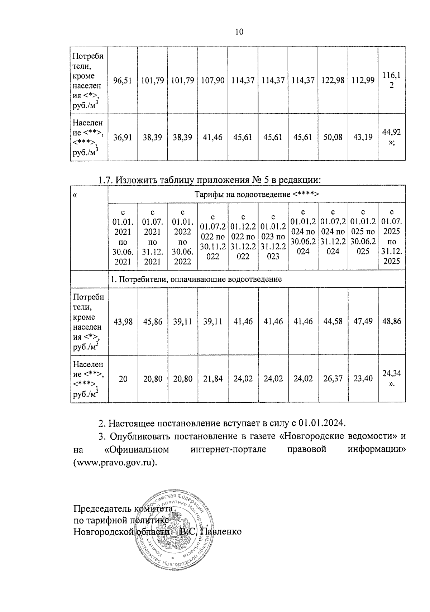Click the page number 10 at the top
pyautogui.click(x=239, y=32)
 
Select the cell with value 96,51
pyautogui.click(x=123, y=80)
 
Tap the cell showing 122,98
pyautogui.click(x=333, y=80)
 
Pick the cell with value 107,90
pyautogui.click(x=212, y=80)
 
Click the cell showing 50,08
pyautogui.click(x=333, y=137)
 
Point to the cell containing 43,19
pyautogui.click(x=363, y=137)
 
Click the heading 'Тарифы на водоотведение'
pyautogui.click(x=256, y=195)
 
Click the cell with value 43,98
pyautogui.click(x=123, y=322)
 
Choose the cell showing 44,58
pyautogui.click(x=333, y=322)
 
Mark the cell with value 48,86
pyautogui.click(x=391, y=322)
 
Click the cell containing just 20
pyautogui.click(x=123, y=379)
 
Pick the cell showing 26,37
pyautogui.click(x=333, y=379)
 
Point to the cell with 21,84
pyautogui.click(x=212, y=379)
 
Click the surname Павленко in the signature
pyautogui.click(x=221, y=531)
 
